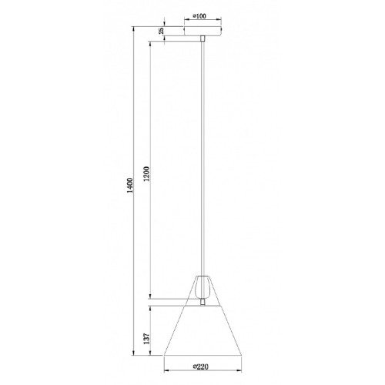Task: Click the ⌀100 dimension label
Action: [x=199, y=16]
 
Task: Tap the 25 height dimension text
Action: [x=161, y=31]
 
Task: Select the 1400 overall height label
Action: [x=130, y=186]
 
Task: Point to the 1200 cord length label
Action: [x=146, y=174]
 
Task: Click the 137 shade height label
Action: [x=146, y=339]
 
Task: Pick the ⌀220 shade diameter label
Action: [x=200, y=367]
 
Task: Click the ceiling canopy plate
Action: [x=203, y=31]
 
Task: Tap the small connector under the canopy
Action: [x=203, y=38]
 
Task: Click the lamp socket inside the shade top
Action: [x=203, y=287]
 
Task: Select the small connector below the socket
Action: [x=203, y=302]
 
